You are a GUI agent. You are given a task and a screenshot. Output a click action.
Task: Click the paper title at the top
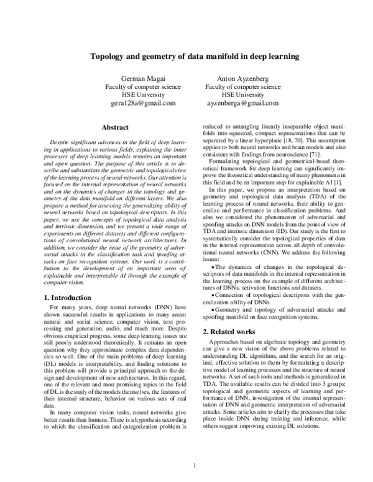click(x=186, y=56)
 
